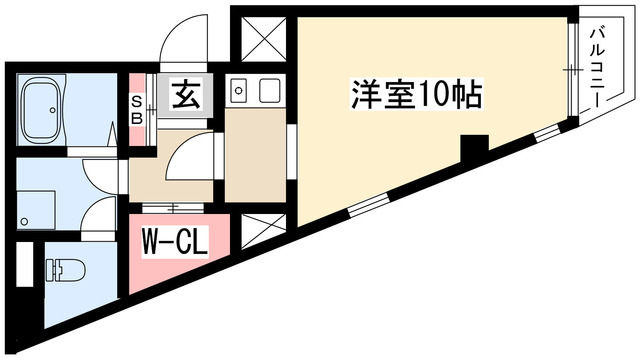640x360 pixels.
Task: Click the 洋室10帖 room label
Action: pos(416,94)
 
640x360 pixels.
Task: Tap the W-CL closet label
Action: pos(174,242)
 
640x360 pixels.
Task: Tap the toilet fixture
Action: pos(65,270)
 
